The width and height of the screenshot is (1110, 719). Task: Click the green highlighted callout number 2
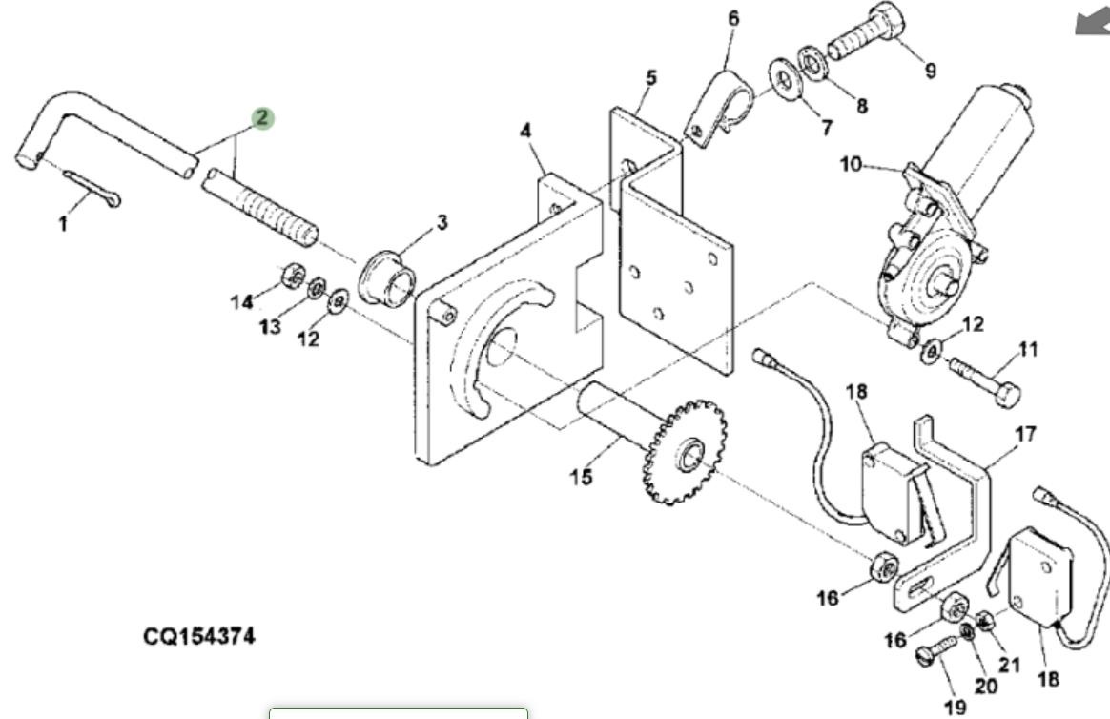pyautogui.click(x=262, y=118)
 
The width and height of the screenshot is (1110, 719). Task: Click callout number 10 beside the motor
pyautogui.click(x=851, y=165)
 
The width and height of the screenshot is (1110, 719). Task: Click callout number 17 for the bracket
pyautogui.click(x=1025, y=435)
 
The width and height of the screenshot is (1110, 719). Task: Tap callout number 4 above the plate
pyautogui.click(x=525, y=130)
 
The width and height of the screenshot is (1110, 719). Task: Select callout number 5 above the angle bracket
pyautogui.click(x=650, y=77)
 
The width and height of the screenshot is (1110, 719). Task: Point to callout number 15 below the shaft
pyautogui.click(x=582, y=475)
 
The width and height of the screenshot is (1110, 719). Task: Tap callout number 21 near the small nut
pyautogui.click(x=1009, y=665)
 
